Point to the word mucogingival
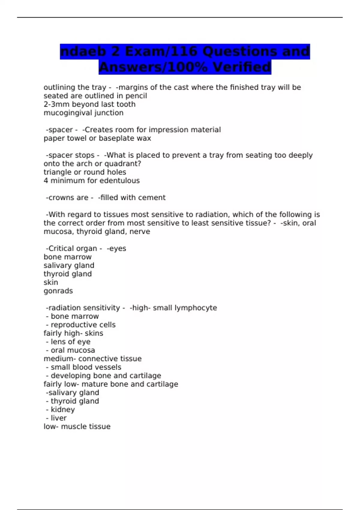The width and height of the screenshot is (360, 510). point(67,113)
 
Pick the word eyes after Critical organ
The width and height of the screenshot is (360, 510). point(118,249)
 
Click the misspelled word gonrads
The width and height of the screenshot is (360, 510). point(58,291)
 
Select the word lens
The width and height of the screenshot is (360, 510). point(57,342)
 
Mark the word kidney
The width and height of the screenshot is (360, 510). point(63,410)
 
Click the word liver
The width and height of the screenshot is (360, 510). point(58,418)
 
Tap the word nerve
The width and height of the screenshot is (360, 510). point(139,232)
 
